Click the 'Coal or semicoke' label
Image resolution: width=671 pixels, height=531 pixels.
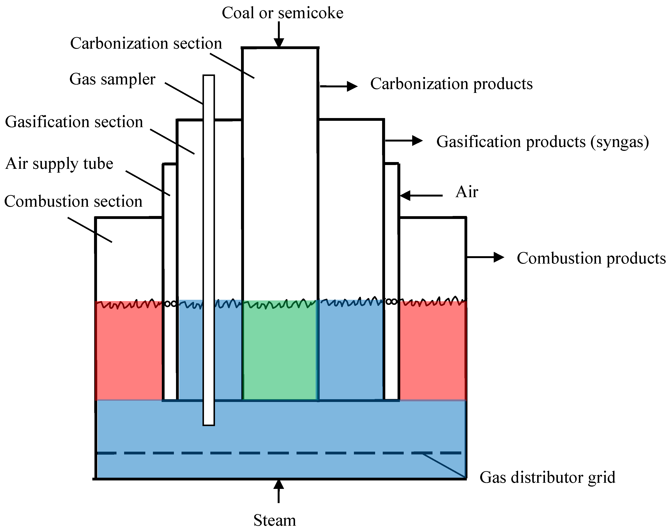[x=282, y=13]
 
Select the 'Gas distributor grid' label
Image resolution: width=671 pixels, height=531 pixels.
[x=547, y=477]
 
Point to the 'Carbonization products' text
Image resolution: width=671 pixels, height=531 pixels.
[x=451, y=84]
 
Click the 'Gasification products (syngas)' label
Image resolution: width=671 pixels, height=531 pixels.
[x=542, y=142]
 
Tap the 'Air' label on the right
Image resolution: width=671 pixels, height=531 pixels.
[x=467, y=192]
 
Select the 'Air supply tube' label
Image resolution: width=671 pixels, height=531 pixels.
[x=59, y=164]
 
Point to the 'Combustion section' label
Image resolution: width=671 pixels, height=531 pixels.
[x=73, y=201]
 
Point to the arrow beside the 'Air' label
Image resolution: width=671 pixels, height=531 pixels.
[x=421, y=195]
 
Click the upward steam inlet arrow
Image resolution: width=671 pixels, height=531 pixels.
[x=279, y=491]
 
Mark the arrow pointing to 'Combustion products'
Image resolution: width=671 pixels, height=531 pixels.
[x=485, y=257]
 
